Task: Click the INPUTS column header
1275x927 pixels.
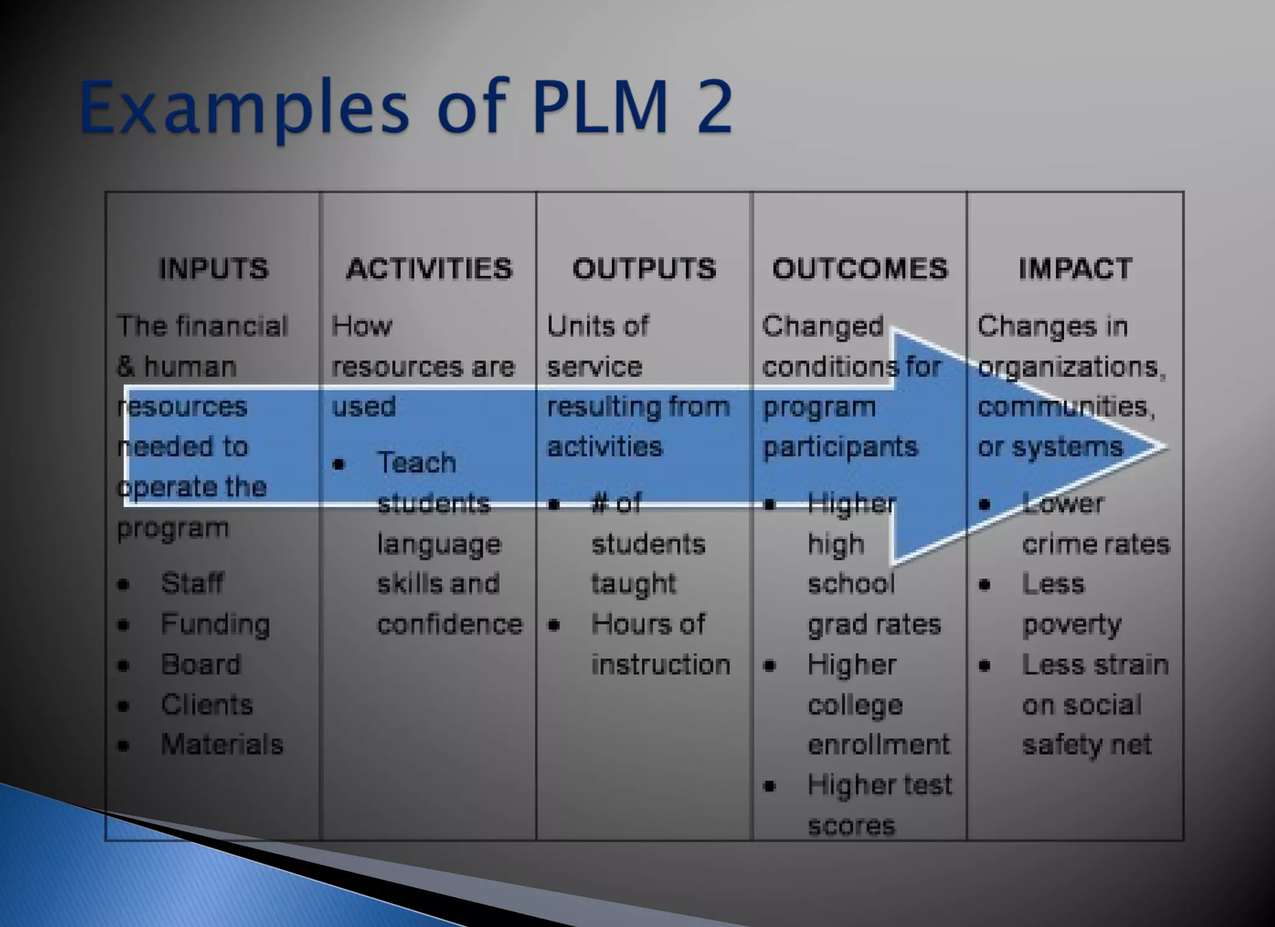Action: (x=214, y=269)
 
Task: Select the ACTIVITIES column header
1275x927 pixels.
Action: (x=429, y=269)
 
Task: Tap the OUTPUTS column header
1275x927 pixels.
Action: (x=644, y=269)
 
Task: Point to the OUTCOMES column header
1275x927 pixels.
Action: (x=860, y=269)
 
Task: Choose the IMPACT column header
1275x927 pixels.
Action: (x=1075, y=269)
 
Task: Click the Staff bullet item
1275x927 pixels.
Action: (x=192, y=583)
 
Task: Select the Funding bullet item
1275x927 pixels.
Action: (x=215, y=624)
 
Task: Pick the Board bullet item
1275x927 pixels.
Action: (x=200, y=664)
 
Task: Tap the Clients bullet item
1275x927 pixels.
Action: (x=207, y=705)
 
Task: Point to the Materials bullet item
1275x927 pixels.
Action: (x=222, y=745)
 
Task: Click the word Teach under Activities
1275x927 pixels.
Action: (x=416, y=463)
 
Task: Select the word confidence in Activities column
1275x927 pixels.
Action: (x=449, y=624)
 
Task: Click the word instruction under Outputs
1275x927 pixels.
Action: (x=661, y=664)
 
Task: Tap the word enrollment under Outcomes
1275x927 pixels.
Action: (x=878, y=745)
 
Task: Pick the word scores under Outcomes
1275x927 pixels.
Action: (x=851, y=826)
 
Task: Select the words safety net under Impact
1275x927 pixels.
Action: (x=1086, y=745)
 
